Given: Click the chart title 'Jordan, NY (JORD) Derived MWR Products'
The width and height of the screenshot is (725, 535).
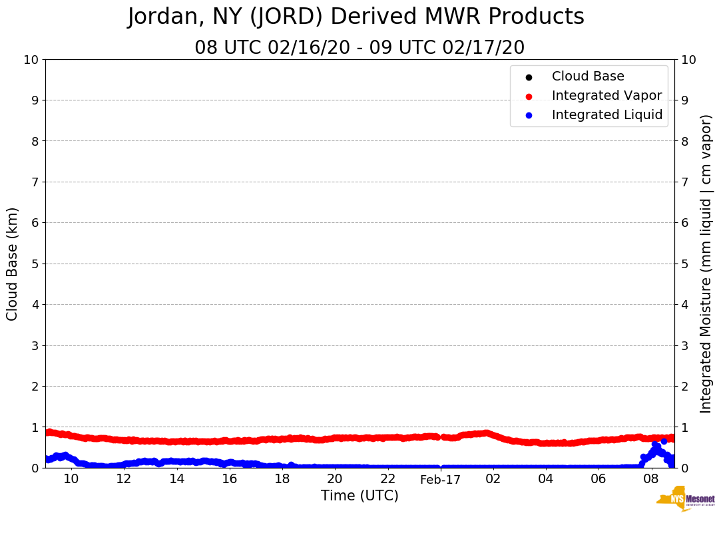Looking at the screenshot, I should [356, 17].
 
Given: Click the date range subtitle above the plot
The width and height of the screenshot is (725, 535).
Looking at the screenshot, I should [360, 48].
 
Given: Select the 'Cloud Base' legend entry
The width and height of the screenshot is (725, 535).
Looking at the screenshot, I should [588, 77].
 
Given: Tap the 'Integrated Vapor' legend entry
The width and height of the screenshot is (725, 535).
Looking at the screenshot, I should [606, 96].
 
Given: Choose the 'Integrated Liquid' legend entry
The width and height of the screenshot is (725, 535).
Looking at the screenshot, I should [607, 115].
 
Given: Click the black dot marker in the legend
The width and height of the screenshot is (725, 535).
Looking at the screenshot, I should [529, 77].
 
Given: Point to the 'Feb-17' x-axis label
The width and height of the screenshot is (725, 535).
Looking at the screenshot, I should [440, 480].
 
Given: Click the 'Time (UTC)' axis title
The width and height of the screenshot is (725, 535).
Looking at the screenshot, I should [360, 496].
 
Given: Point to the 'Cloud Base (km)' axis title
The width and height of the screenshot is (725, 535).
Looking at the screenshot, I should [13, 264].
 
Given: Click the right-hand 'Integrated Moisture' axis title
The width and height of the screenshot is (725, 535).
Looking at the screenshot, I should [706, 264].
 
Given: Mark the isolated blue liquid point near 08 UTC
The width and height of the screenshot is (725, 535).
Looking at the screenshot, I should [664, 441].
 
